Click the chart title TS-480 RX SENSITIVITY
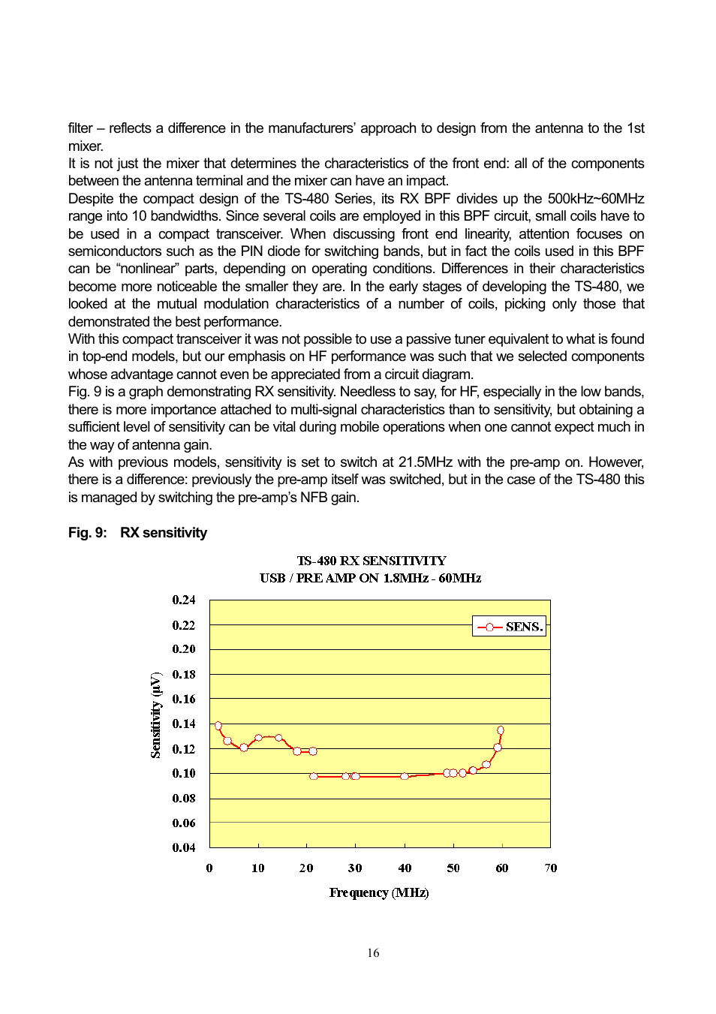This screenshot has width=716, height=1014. pos(372,561)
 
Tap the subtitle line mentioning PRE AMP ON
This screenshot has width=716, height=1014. pos(370,578)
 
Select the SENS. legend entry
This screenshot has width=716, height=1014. pos(510,627)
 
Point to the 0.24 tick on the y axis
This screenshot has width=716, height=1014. pos(183,600)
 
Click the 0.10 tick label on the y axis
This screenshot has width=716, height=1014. pos(183,773)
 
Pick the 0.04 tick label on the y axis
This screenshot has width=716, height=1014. pos(183,847)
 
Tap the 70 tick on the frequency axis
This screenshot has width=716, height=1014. pos(550,868)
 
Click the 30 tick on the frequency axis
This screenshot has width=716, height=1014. pos(355,868)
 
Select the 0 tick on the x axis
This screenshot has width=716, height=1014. pos(209,868)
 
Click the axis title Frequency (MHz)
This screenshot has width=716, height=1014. pos(379,892)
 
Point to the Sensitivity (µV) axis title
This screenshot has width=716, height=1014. pos(155,715)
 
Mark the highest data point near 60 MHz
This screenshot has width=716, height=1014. pos(501,730)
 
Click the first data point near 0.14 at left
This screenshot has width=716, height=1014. pos(218,726)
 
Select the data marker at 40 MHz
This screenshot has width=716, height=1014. pos(405,777)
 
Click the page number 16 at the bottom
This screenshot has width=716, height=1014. pos(373,953)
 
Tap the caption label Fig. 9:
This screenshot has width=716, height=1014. pos(87,533)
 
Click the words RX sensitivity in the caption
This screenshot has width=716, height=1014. pos(164,533)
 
